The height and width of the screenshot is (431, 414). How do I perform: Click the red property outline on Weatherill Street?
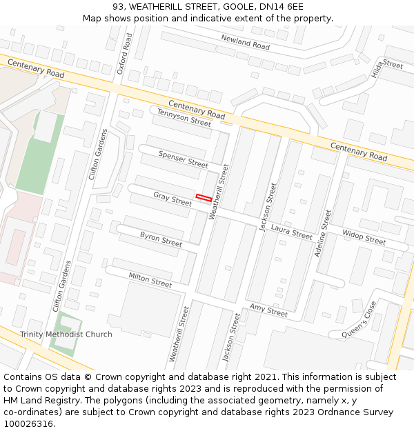pos(204,198)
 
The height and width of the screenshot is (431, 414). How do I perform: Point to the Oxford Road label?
pos(125,54)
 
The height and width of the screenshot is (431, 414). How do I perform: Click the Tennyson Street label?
pos(184,117)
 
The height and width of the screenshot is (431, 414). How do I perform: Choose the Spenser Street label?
pos(183,159)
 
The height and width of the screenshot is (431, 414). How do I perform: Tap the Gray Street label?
pos(172,199)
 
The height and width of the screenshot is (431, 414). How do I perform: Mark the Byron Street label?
pos(161,239)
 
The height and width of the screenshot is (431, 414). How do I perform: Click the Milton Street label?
pos(150,279)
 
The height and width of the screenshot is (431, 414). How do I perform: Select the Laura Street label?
pos(291,232)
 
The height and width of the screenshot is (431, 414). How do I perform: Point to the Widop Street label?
pos(364,237)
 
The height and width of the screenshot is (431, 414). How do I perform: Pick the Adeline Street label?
pos(322,233)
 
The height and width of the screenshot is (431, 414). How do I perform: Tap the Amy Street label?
pos(268,311)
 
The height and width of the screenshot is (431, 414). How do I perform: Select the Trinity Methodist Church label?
pos(66,334)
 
